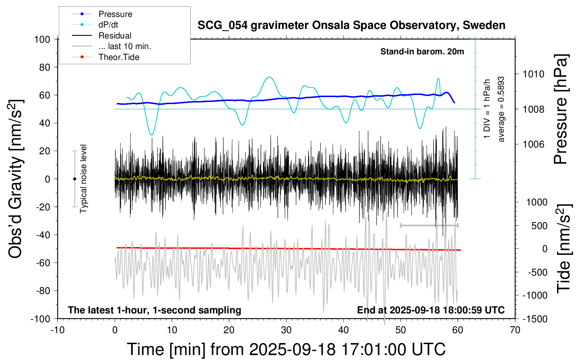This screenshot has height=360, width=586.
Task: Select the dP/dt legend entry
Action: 108,25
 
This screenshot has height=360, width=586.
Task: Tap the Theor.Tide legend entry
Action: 119,57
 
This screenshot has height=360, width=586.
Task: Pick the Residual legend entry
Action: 115,36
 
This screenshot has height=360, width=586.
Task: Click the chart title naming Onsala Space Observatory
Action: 351,25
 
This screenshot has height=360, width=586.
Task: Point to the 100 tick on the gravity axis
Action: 42,39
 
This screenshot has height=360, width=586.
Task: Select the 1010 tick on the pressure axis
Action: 533,74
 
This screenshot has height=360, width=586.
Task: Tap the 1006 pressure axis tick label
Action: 533,144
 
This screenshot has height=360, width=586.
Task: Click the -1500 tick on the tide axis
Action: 535,319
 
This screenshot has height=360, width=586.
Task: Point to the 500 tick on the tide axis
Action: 539,226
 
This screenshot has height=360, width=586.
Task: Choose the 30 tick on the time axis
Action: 286,330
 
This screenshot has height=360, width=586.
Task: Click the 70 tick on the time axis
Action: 515,330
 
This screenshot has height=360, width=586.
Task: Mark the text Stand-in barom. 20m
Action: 422,52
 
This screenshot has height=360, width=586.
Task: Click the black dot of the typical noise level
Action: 74,179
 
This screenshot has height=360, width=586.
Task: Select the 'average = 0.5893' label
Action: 501,109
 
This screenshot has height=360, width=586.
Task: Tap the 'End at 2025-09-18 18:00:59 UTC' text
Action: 431,310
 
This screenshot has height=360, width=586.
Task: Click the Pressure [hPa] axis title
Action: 561,109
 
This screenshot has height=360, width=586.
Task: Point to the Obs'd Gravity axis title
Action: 16,179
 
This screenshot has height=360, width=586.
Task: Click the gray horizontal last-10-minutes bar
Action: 429,226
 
